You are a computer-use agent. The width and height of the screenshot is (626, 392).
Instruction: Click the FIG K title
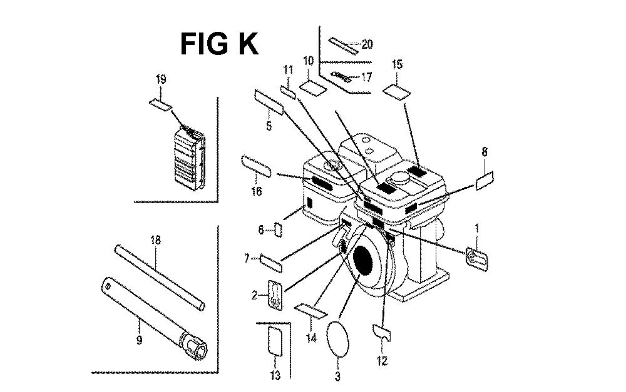219,44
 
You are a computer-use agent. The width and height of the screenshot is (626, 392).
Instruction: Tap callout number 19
160,79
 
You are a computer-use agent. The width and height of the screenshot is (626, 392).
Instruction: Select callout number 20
366,44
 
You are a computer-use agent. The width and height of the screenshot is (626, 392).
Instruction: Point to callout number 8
485,151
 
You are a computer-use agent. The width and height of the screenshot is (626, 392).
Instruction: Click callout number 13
275,375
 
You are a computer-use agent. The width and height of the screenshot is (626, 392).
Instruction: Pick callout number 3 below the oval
338,376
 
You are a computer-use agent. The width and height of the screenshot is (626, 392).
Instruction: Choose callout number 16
256,191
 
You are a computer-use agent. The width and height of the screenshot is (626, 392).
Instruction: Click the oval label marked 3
338,339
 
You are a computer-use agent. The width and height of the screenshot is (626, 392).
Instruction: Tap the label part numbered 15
396,92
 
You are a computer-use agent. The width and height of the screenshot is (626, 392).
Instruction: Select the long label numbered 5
269,102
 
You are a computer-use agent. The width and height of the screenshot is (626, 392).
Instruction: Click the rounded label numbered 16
256,167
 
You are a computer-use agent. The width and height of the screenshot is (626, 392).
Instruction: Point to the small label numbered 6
279,230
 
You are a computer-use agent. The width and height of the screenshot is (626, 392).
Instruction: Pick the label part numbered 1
476,259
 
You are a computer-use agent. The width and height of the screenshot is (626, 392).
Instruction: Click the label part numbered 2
275,295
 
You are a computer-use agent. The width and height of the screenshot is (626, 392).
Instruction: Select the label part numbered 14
310,311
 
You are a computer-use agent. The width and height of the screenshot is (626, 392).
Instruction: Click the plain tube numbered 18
160,278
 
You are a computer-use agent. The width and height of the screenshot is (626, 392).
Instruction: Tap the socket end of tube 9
193,346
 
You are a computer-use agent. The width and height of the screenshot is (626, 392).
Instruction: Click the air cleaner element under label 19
190,158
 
